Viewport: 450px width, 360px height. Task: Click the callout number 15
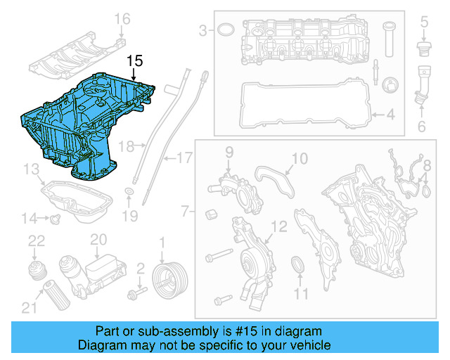(x=134, y=61)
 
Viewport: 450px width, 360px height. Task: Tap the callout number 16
(x=122, y=18)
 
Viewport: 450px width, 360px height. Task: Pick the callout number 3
(x=203, y=30)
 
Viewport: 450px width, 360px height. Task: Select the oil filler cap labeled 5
(x=424, y=50)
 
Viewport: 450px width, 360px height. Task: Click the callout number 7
(x=184, y=210)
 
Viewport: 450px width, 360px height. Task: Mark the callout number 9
(x=229, y=152)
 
